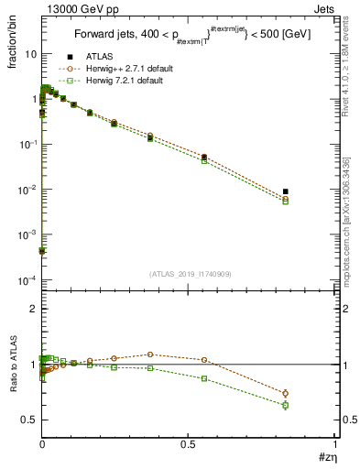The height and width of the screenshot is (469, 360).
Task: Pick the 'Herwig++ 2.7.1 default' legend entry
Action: click(124, 69)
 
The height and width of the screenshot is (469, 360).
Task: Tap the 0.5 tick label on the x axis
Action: click(190, 442)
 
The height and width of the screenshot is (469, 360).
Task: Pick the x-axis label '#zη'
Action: click(324, 457)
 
